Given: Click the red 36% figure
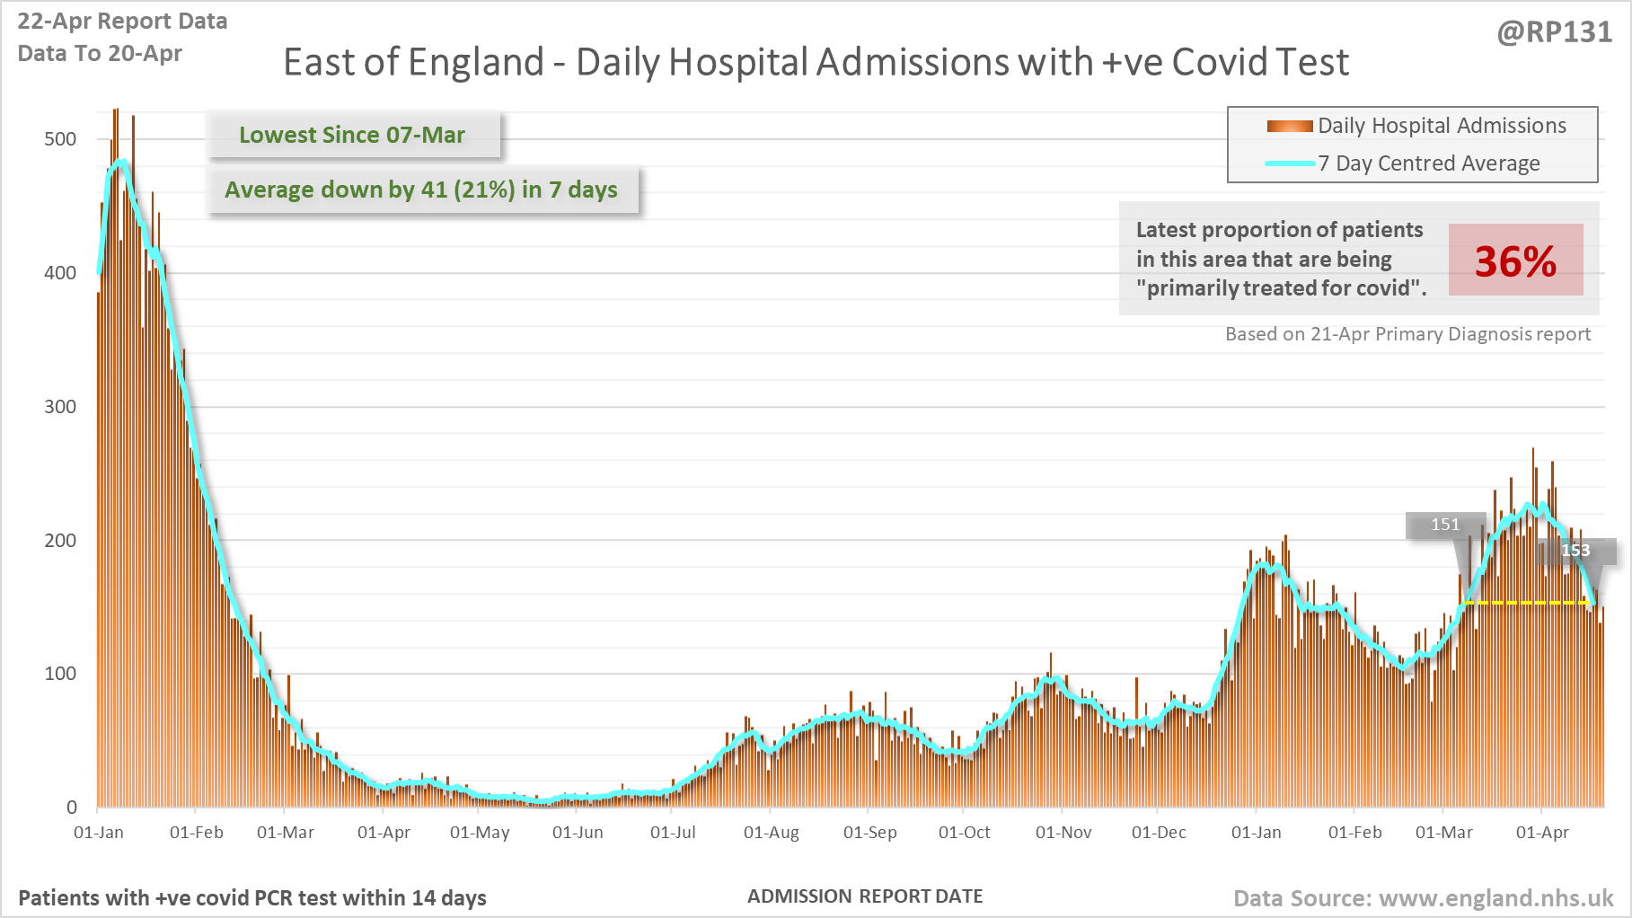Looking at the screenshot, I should coord(1515,261).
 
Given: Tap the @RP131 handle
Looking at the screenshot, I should coord(1554,32).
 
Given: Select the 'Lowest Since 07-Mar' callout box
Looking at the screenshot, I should coord(352,135).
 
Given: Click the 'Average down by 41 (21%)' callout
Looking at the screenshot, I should coord(421,190).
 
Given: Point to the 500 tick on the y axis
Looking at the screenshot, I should coord(60,139).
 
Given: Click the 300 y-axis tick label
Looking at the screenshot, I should coord(60,407).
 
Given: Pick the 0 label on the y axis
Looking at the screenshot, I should coord(72,808).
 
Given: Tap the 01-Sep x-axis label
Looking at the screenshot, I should coord(869,833).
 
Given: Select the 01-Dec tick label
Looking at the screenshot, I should coord(1159,833).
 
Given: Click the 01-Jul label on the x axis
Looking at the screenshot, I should coord(673,833).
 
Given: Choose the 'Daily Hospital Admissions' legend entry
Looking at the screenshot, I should coord(1442,126).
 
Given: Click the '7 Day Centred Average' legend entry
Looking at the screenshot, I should coord(1428,163).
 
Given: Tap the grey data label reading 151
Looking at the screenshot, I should coord(1445,525).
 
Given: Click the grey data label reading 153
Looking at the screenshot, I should coord(1576,551).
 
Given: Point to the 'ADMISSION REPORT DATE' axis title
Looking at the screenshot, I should coord(865,896).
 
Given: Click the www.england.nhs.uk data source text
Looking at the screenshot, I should coord(1495,898).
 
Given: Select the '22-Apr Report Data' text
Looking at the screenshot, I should coord(122,22).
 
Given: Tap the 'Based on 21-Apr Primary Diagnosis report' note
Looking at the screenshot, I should coord(1407,334).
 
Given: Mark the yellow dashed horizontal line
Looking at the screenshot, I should coord(1527,603).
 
